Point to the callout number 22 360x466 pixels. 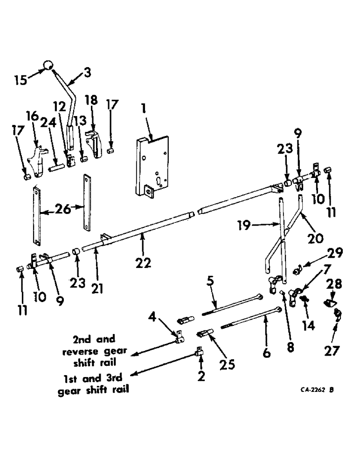(x=144, y=263)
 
